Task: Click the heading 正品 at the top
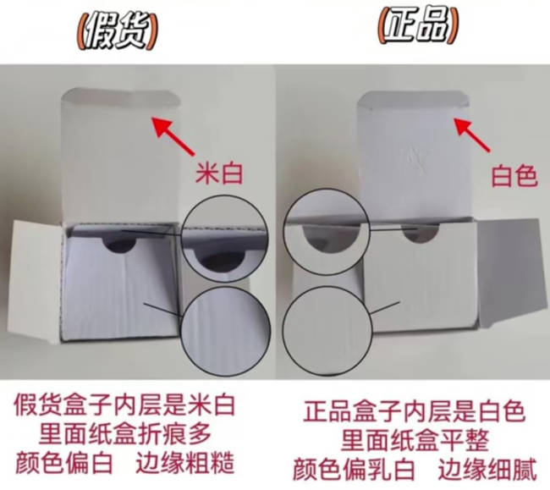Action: point(418,25)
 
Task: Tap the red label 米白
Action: point(219,173)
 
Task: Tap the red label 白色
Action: point(514,176)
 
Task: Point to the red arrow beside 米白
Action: point(173,137)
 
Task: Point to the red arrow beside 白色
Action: point(472,135)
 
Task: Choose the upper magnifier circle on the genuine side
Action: point(326,190)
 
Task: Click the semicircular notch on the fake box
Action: point(121,245)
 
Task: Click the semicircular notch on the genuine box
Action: point(421,235)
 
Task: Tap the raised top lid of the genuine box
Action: point(414,154)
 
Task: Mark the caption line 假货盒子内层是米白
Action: point(124,406)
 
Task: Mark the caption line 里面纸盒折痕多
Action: point(125,434)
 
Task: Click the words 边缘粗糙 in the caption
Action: point(184,463)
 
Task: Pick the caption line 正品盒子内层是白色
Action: point(415,411)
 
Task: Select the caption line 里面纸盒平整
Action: point(415,440)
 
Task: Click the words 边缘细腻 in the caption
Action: point(487,469)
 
